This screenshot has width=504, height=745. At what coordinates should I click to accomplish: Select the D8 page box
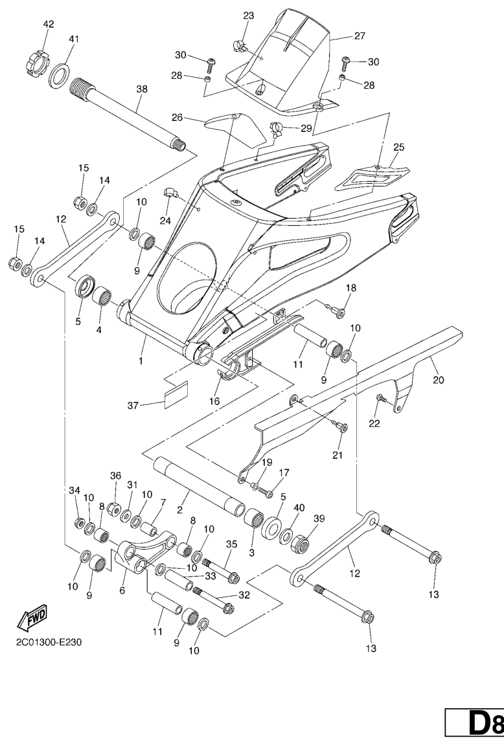pos(475,723)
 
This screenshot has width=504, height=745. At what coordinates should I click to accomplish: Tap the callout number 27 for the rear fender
pos(360,36)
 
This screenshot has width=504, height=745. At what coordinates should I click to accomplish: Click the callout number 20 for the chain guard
pos(439,380)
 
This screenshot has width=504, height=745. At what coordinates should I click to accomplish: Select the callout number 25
pos(398,147)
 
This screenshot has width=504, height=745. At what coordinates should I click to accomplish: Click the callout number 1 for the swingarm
pos(141,361)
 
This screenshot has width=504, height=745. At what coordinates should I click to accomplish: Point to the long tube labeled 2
pos(198,483)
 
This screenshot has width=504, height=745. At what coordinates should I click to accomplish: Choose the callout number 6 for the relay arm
pos(123,590)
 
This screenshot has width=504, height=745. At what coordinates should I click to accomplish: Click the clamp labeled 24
pos(172,193)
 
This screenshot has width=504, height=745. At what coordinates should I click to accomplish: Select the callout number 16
pos(214,401)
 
